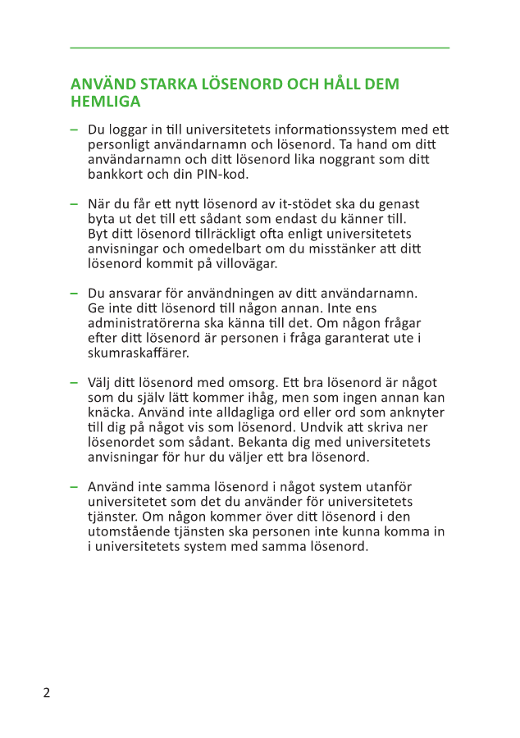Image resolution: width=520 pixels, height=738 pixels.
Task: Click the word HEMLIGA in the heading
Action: [x=105, y=102]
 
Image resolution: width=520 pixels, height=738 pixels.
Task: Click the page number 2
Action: [x=47, y=693]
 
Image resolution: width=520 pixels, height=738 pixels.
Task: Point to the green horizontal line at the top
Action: [x=260, y=48]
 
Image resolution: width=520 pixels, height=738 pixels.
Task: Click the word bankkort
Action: [x=116, y=175]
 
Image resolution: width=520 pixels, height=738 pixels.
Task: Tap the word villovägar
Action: [x=243, y=264]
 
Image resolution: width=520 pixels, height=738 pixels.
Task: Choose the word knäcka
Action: [x=110, y=412]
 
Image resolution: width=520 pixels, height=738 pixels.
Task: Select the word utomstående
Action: [x=127, y=531]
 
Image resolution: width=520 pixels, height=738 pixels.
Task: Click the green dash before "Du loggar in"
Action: [x=74, y=130]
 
